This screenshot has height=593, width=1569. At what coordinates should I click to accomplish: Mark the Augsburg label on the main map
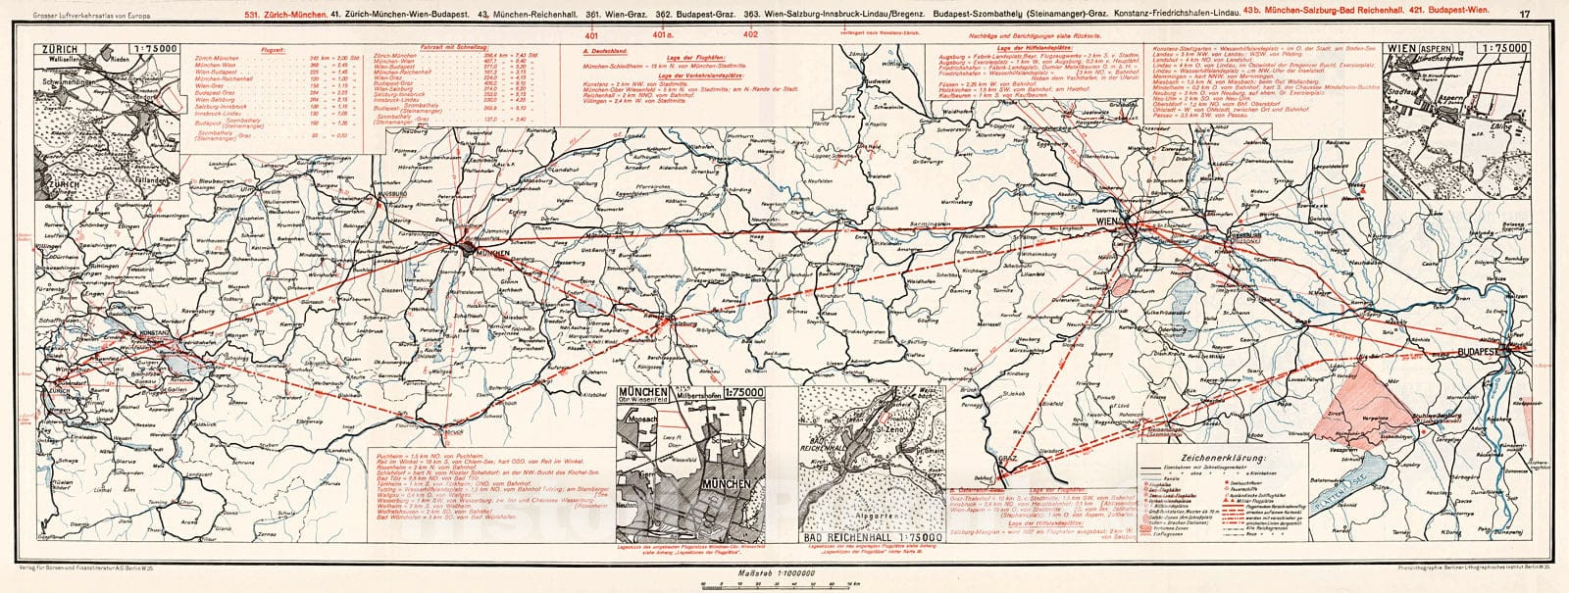click(x=393, y=195)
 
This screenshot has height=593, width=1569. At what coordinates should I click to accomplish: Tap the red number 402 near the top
click(x=751, y=32)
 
